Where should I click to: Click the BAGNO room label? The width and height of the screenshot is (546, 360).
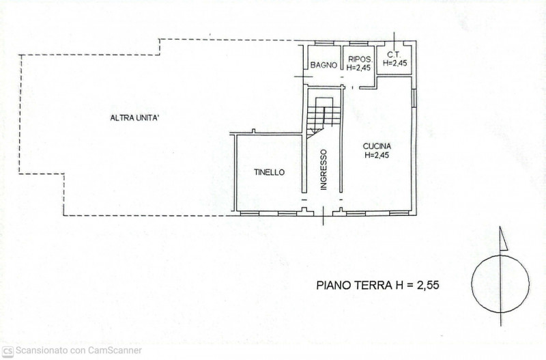pos(324,66)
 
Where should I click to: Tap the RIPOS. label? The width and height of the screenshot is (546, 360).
pos(358,59)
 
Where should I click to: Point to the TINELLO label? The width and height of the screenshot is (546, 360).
pos(269,173)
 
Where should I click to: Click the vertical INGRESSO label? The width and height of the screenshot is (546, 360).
pos(324,169)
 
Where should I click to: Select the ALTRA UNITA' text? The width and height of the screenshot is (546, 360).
pos(135,118)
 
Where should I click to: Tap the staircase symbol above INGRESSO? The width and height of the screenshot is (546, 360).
pos(321,116)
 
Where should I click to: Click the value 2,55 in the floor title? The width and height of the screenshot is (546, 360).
pos(422,285)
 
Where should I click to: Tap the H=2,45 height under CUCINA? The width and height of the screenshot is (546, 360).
pos(377,155)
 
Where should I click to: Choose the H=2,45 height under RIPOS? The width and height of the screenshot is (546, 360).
pos(358,67)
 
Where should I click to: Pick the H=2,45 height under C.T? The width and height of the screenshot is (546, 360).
pos(395,63)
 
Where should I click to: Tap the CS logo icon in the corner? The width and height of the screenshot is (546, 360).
pos(8,350)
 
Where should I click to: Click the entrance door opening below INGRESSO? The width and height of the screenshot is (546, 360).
pos(323,212)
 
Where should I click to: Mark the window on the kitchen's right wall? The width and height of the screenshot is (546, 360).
pos(414,98)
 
